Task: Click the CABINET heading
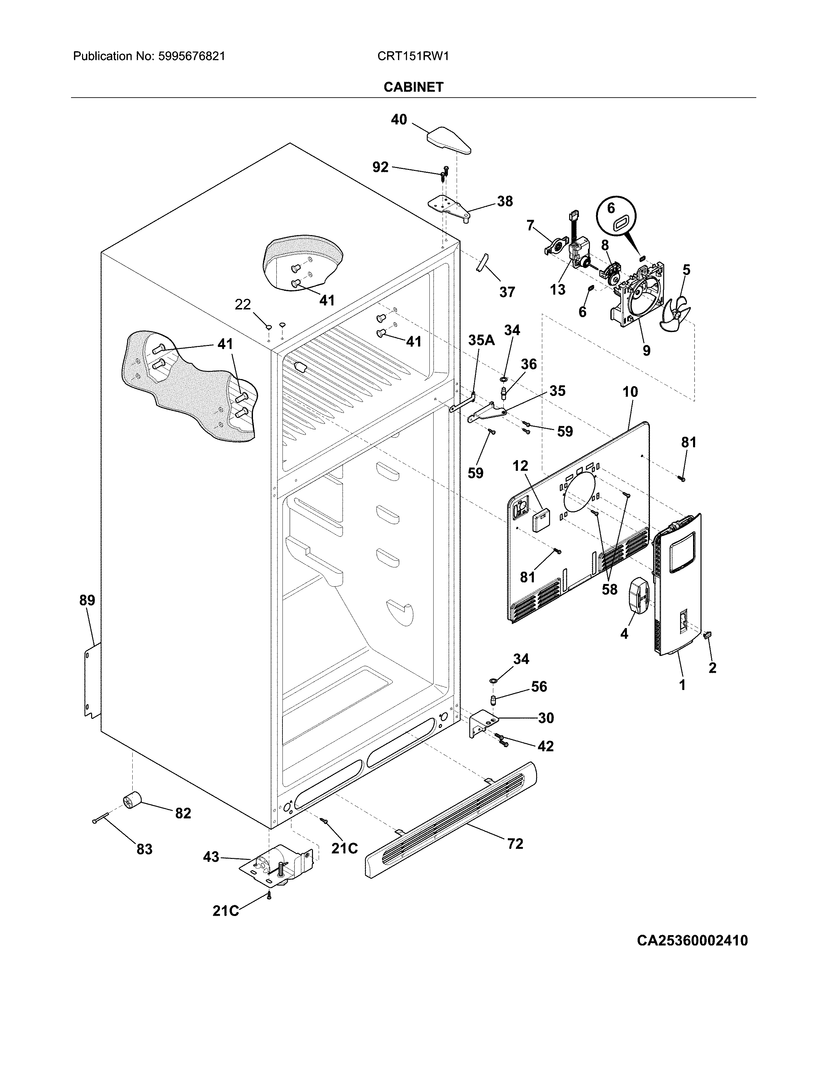click(413, 87)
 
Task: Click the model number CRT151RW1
click(413, 56)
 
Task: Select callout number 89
click(87, 600)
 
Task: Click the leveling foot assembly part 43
click(277, 871)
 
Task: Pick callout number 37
click(507, 292)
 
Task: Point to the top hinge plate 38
click(450, 208)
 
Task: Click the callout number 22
click(243, 305)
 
